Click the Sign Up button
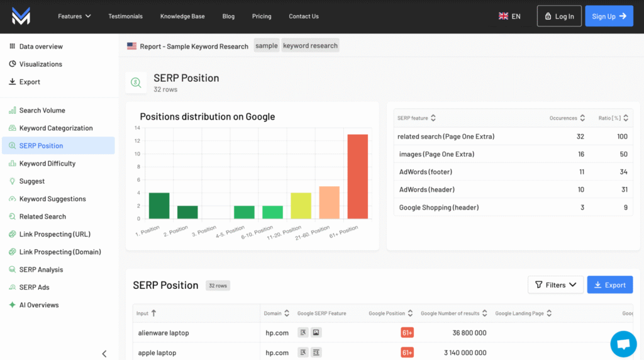coord(609,16)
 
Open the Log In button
coord(559,16)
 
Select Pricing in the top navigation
coord(262,16)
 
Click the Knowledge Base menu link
coord(182,16)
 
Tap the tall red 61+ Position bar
coord(357,176)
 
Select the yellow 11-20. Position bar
coord(301,206)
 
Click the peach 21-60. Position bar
coord(329,203)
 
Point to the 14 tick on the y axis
coord(137,128)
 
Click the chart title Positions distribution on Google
coord(207,116)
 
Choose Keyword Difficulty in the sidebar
coord(47,164)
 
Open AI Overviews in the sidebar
coord(39,305)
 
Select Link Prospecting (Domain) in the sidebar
coord(60,252)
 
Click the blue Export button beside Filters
coord(609,285)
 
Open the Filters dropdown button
coord(555,285)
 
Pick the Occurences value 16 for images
coord(580,154)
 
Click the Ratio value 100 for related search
coord(622,137)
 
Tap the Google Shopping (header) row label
coord(439,207)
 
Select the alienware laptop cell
coord(164,333)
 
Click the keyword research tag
coord(310,45)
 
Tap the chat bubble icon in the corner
coord(623,344)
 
